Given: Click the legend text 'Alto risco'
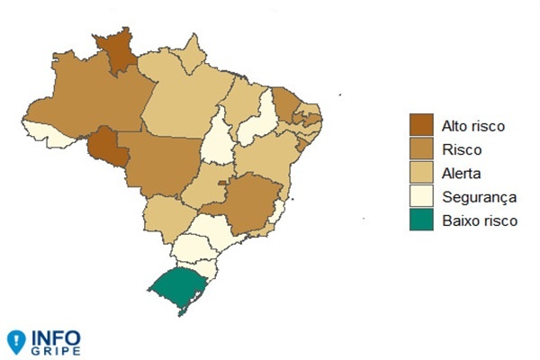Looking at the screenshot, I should point(473,125).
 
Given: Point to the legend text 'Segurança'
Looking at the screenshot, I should point(479,195).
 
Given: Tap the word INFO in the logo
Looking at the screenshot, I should point(57,337).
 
